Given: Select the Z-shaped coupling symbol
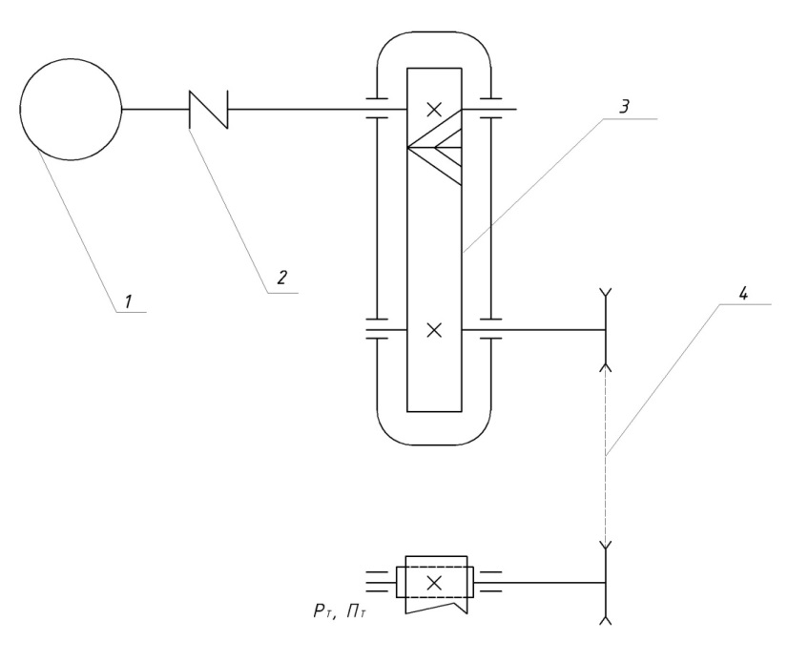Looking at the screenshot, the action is point(209,109).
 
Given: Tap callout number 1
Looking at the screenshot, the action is point(129,301).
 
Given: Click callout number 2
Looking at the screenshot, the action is point(282,277).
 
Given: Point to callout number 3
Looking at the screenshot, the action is point(624,107).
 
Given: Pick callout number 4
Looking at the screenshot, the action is point(743,293).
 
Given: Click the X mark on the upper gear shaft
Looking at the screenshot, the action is point(434,109).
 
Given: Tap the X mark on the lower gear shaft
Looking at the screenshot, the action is point(434,330).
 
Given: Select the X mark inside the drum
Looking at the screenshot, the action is point(434,583).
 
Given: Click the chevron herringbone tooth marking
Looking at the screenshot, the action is point(435,147).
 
